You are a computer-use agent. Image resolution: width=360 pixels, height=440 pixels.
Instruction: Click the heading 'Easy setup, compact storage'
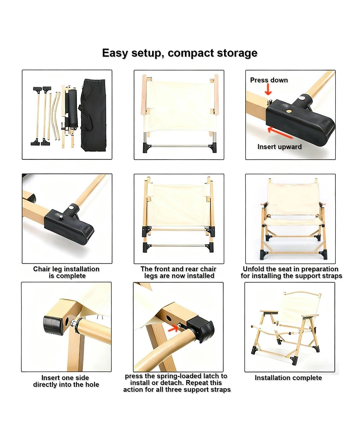coord(180,53)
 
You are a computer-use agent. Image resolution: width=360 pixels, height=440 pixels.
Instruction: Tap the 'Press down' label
coord(269,80)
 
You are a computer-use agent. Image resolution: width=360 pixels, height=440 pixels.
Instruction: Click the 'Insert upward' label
coord(279,147)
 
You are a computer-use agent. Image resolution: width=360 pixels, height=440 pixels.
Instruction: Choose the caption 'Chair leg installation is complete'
coord(66,272)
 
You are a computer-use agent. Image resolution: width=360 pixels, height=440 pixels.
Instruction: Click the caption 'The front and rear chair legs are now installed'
coord(179,272)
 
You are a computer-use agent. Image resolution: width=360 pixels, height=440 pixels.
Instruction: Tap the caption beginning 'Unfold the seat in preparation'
coord(291,272)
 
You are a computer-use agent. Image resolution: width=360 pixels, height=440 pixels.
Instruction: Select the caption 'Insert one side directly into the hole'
coord(66,381)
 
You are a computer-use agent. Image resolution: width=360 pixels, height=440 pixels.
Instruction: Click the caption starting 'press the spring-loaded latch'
coord(177,382)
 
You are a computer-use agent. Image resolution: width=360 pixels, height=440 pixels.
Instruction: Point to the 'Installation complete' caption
coord(288,378)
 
